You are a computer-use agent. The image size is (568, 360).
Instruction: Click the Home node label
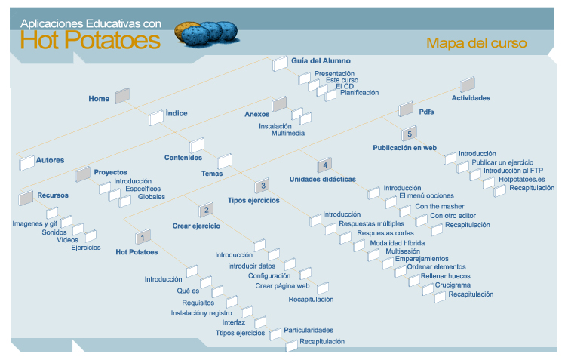pyautogui.click(x=99, y=99)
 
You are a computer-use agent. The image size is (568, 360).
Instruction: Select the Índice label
pyautogui.click(x=177, y=114)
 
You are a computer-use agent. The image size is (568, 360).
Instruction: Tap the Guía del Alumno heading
pyautogui.click(x=321, y=60)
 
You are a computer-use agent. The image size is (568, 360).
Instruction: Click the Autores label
pyautogui.click(x=50, y=160)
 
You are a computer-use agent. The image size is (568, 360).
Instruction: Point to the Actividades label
pyautogui.click(x=471, y=98)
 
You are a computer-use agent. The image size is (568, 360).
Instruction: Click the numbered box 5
pyautogui.click(x=409, y=134)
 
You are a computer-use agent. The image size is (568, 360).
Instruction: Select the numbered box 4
pyautogui.click(x=323, y=165)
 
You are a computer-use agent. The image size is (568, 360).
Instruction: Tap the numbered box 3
pyautogui.click(x=261, y=186)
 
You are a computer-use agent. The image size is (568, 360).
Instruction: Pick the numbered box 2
pyautogui.click(x=205, y=211)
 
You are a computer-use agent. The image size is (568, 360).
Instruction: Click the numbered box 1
pyautogui.click(x=143, y=237)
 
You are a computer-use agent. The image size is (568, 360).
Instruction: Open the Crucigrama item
pyautogui.click(x=453, y=285)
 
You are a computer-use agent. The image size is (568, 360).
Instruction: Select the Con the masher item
pyautogui.click(x=440, y=206)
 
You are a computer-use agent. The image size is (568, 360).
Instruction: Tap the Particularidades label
pyautogui.click(x=309, y=330)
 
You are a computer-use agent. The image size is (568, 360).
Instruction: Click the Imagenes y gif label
pyautogui.click(x=35, y=223)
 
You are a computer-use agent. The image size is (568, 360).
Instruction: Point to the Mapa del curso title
pyautogui.click(x=477, y=43)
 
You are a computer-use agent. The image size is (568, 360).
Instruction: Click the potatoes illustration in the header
pyautogui.click(x=207, y=32)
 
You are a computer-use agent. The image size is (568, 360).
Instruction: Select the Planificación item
pyautogui.click(x=359, y=93)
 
